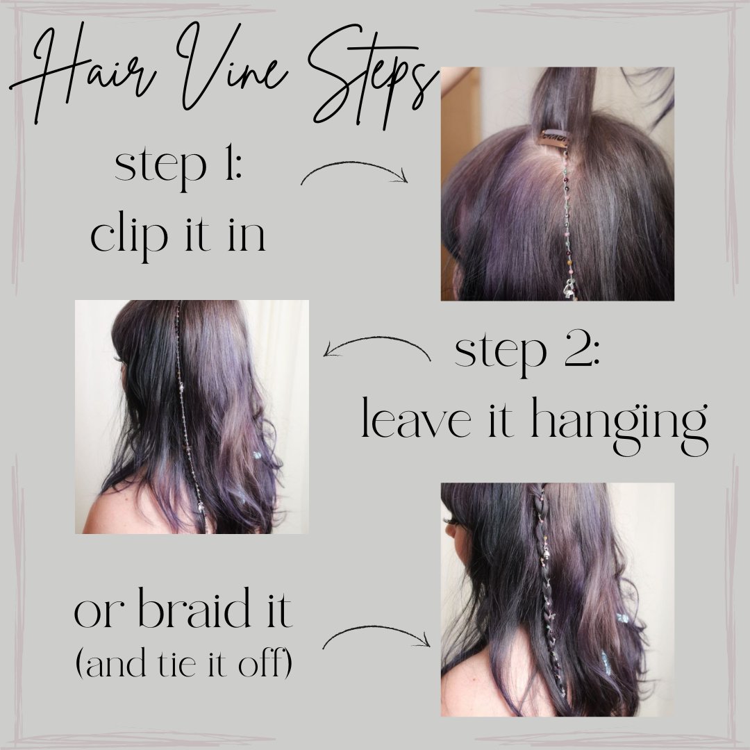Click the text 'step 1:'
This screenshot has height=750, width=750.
click(178, 167)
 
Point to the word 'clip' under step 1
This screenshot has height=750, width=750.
click(129, 235)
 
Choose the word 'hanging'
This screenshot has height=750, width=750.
click(620, 424)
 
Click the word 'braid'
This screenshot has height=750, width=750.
click(194, 608)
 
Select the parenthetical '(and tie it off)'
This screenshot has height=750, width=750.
click(184, 663)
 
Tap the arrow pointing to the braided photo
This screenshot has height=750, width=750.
click(376, 631)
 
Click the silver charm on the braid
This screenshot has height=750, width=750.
click(546, 554)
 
